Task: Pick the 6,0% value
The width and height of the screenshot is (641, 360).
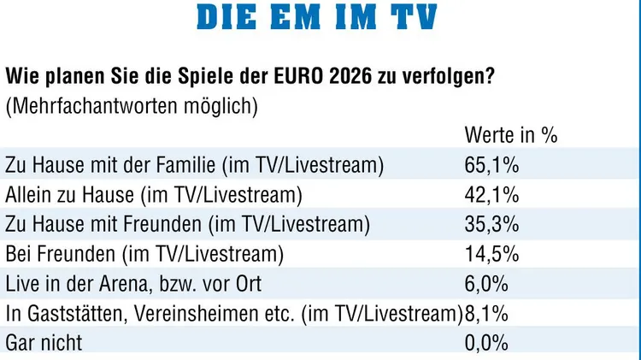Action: tap(487, 284)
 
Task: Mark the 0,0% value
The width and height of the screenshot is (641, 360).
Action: tap(487, 343)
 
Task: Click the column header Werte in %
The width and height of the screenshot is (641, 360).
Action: tap(510, 134)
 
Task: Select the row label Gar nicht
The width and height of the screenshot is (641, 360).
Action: tap(44, 343)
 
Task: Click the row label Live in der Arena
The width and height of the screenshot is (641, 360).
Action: tap(133, 284)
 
